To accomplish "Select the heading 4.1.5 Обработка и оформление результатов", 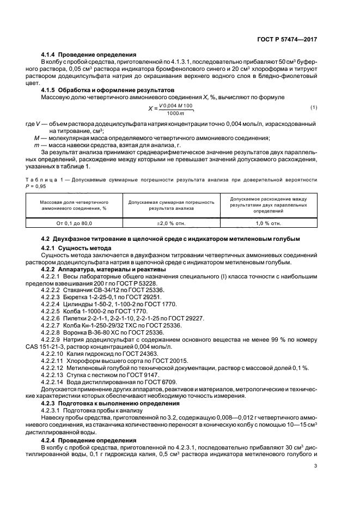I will click(x=108, y=89).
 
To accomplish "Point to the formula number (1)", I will click(x=313, y=107).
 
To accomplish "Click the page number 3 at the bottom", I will click(x=315, y=465).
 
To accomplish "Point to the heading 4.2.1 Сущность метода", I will click(x=74, y=247).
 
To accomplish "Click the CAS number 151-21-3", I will click(x=67, y=339).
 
